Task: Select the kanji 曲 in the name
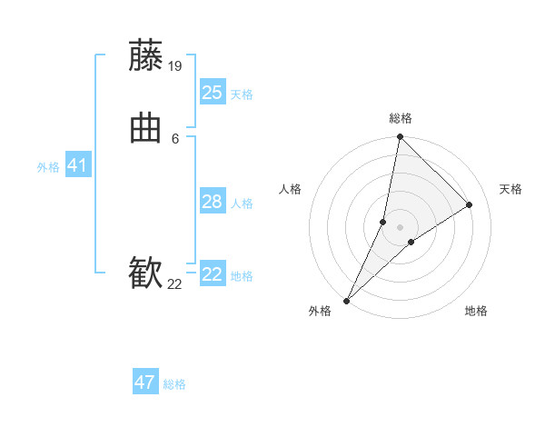(x=145, y=129)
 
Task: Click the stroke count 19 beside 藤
(x=175, y=65)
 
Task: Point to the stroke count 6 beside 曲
(x=175, y=138)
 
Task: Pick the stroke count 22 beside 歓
(x=174, y=284)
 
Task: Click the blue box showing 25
(x=213, y=92)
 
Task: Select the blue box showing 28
(x=213, y=202)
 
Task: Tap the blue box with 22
(x=213, y=274)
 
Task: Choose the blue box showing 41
(x=77, y=165)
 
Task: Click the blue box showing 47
(x=145, y=382)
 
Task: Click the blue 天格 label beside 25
(x=242, y=94)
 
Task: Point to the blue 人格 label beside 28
(x=242, y=204)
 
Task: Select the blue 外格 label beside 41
(x=48, y=167)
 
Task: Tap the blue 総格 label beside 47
(x=174, y=384)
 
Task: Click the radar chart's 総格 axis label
(x=401, y=118)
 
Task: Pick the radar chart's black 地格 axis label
(x=476, y=312)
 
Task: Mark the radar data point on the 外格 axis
(x=347, y=300)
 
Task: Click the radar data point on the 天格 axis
(x=470, y=205)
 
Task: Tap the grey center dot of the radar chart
(x=401, y=227)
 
